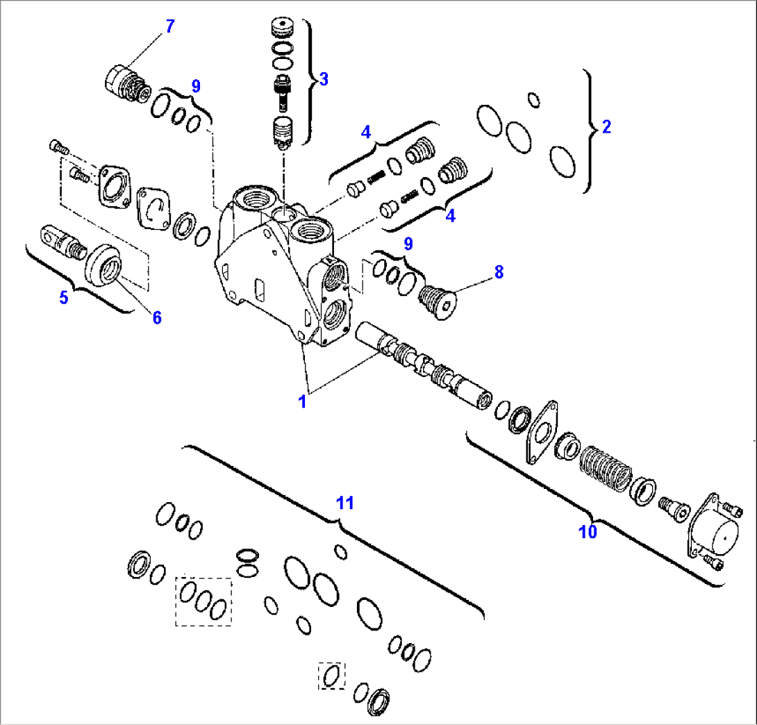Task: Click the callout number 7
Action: click(x=169, y=27)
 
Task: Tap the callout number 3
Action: click(x=323, y=78)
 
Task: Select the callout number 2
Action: click(x=606, y=126)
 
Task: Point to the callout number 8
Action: click(x=499, y=273)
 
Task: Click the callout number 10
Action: click(x=588, y=532)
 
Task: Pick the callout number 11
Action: click(x=345, y=503)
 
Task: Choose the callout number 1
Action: click(x=302, y=401)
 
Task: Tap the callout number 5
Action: click(x=64, y=298)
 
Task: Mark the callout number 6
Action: click(x=157, y=317)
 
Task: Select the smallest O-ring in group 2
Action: click(x=534, y=100)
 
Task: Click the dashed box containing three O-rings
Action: click(x=203, y=601)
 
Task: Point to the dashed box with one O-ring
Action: click(x=332, y=675)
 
